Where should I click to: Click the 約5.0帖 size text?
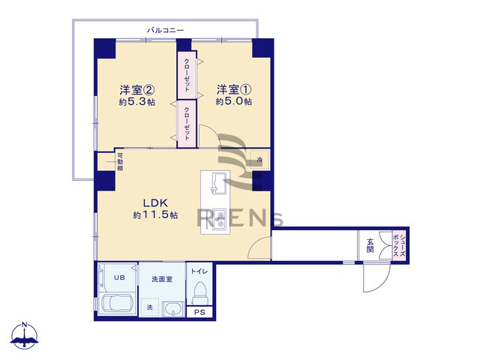tap(233, 102)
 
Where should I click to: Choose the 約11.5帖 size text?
tap(155, 215)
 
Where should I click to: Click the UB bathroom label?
tap(118, 278)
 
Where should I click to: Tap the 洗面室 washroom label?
tap(162, 279)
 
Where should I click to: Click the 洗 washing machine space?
tap(150, 307)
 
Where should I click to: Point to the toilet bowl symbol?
tap(200, 290)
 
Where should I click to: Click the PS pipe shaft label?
tap(199, 313)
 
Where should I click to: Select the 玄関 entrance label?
tap(370, 246)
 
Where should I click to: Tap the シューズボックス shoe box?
tap(403, 245)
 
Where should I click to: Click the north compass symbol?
tap(26, 337)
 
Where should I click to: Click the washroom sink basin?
tap(174, 308)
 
